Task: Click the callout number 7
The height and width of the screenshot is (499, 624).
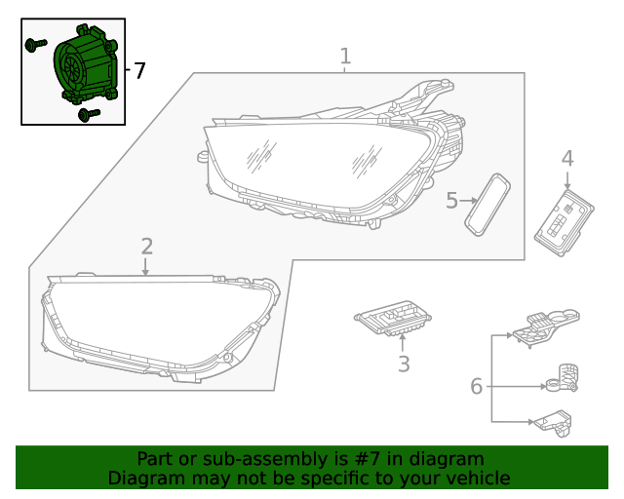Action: click(139, 71)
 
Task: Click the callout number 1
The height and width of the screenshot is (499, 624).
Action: click(345, 57)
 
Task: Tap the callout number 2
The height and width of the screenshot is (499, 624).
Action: click(147, 247)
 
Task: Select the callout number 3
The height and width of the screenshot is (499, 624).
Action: click(404, 364)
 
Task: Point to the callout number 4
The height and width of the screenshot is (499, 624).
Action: click(567, 159)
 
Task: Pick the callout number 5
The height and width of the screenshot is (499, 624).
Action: click(451, 201)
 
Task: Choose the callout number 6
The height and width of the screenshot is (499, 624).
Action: click(477, 386)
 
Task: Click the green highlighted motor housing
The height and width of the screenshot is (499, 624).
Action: click(86, 64)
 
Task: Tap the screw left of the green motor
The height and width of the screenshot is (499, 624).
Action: click(36, 44)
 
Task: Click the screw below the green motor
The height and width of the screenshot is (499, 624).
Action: click(89, 115)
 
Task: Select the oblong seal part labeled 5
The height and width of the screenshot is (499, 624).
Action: click(487, 205)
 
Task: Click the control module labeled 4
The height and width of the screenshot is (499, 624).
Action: click(564, 223)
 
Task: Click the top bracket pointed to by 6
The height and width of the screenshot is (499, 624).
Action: click(546, 326)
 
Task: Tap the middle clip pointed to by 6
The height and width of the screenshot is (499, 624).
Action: click(562, 378)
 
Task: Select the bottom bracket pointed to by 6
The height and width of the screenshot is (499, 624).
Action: click(554, 423)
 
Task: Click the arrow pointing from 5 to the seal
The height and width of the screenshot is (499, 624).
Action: click(468, 201)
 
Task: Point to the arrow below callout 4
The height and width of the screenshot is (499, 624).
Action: click(567, 179)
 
